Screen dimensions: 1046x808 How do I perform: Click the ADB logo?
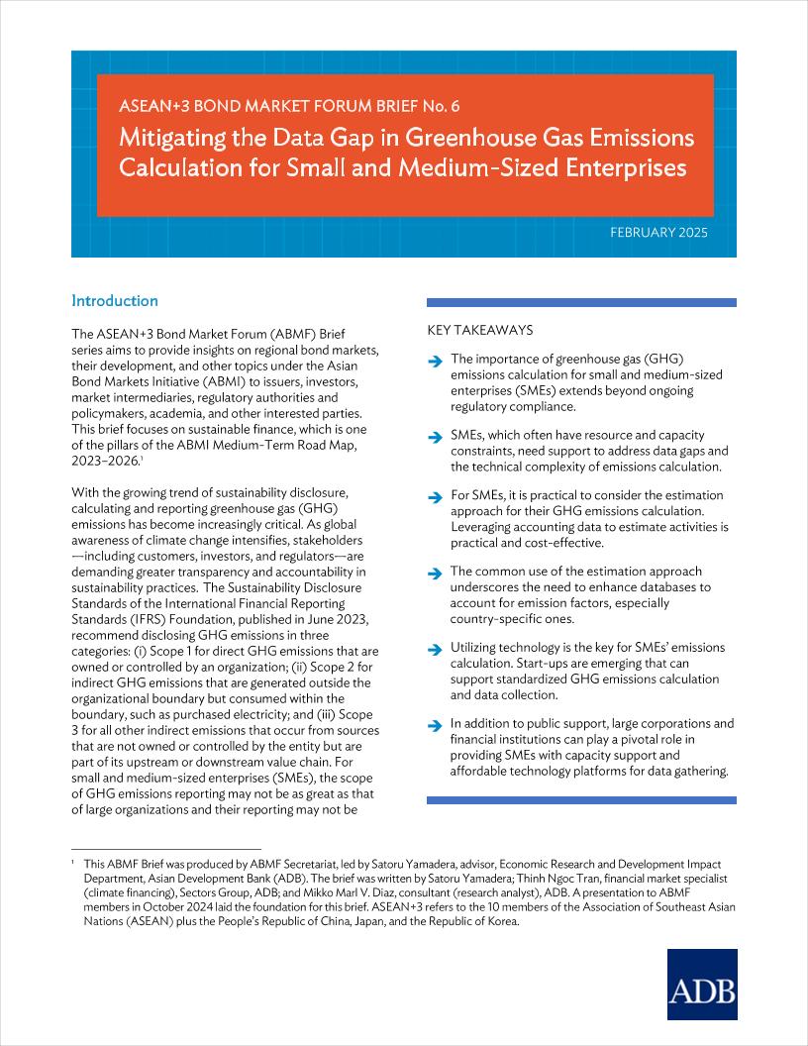(701, 985)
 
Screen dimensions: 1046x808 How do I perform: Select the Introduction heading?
(115, 301)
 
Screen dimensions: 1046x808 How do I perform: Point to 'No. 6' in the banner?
(441, 105)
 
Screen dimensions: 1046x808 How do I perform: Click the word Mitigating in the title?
(167, 137)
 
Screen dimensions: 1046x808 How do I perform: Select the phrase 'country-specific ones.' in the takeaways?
(512, 619)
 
